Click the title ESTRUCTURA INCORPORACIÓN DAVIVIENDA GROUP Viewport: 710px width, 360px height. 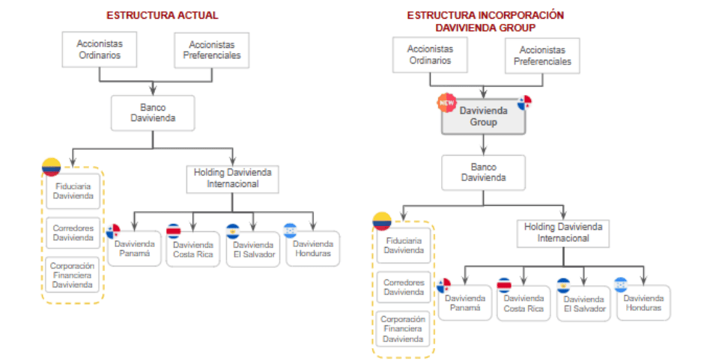[485, 21]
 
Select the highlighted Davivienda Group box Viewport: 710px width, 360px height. [483, 117]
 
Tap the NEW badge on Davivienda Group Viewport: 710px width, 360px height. [447, 103]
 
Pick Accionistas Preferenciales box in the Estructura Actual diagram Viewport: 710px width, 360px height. [211, 49]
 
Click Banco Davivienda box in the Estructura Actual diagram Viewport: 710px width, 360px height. [153, 113]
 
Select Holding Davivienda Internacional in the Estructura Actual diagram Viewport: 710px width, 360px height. [233, 178]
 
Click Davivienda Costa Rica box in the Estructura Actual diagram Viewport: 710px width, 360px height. [192, 249]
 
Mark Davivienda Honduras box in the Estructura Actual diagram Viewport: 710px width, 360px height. [312, 248]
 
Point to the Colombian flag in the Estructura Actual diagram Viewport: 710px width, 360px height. [51, 167]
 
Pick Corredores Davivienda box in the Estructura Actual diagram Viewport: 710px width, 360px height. [73, 233]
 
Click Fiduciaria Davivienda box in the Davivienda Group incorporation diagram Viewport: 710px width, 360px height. [404, 245]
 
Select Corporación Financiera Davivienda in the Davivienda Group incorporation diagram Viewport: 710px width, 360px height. [404, 329]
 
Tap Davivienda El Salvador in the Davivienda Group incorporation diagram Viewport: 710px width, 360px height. [583, 303]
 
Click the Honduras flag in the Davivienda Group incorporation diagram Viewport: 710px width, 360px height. [620, 284]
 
